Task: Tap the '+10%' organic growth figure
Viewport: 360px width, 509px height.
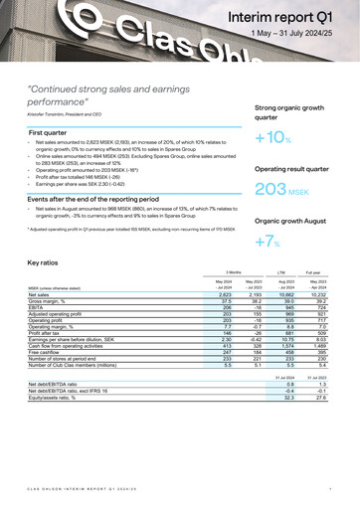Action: coord(272,138)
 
